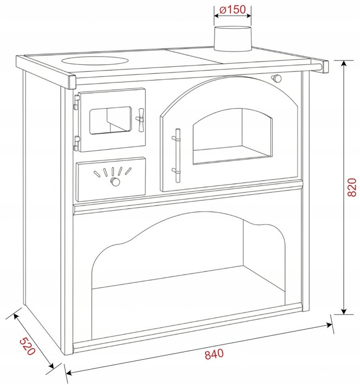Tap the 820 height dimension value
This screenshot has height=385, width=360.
click(351, 187)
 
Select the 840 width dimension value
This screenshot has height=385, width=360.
click(213, 354)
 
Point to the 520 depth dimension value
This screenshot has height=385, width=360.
click(27, 346)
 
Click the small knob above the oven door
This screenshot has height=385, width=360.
click(277, 79)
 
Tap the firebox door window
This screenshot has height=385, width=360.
click(110, 120)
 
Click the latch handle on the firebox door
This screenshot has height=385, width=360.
click(141, 116)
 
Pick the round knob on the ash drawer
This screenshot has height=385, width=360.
click(114, 183)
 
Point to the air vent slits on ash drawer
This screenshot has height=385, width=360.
click(113, 172)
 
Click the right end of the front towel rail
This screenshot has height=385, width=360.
click(324, 66)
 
